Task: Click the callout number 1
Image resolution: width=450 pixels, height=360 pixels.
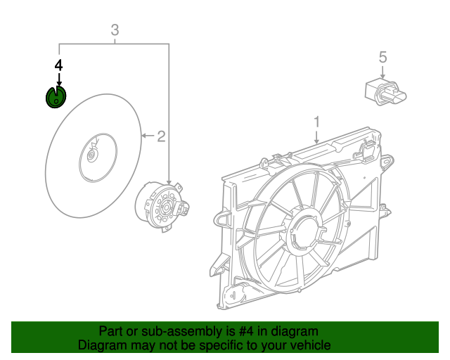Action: (x=316, y=121)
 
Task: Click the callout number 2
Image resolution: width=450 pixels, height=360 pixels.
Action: (x=161, y=136)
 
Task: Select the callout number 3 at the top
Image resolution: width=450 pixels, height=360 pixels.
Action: (x=115, y=30)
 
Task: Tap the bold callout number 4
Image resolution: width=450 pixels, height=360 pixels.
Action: (x=59, y=65)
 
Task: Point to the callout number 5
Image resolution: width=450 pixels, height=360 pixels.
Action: (x=382, y=57)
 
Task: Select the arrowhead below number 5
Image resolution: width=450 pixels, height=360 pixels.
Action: (x=382, y=77)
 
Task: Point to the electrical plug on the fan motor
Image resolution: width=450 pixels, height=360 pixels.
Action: (x=184, y=208)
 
